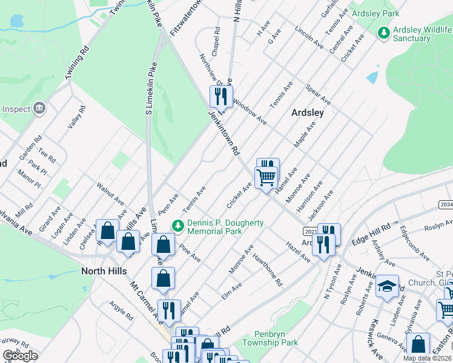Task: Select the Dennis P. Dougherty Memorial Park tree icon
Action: tap(177, 226)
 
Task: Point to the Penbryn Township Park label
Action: tap(270, 338)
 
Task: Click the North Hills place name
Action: tap(104, 272)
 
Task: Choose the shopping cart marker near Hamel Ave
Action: tap(266, 178)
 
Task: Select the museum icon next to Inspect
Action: tap(40, 108)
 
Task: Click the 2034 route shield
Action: tap(445, 205)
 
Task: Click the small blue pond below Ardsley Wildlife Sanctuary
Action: tap(372, 77)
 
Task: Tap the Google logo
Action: tap(19, 355)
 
